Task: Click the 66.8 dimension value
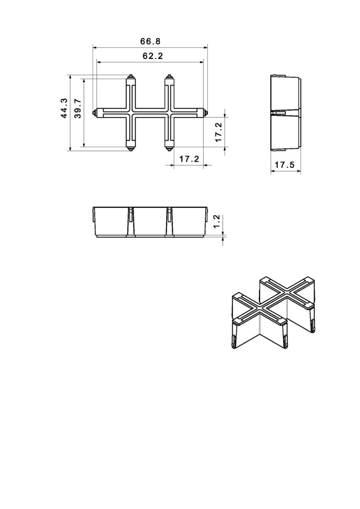tap(150, 41)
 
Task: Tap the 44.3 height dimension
tap(64, 108)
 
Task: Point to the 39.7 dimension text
tap(78, 108)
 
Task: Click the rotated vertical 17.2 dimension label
tap(219, 132)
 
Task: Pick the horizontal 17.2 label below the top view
tap(189, 159)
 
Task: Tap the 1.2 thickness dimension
tap(216, 221)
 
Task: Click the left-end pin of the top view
tap(94, 112)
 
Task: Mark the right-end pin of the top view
tap(206, 112)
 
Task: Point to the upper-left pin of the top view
tap(130, 77)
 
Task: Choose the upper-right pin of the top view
tap(170, 77)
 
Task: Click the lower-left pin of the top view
tap(130, 148)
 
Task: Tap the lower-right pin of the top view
tap(170, 148)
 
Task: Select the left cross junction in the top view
tap(130, 112)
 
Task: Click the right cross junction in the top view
tap(170, 112)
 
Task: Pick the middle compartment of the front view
tap(150, 221)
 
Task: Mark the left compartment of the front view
tap(112, 221)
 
